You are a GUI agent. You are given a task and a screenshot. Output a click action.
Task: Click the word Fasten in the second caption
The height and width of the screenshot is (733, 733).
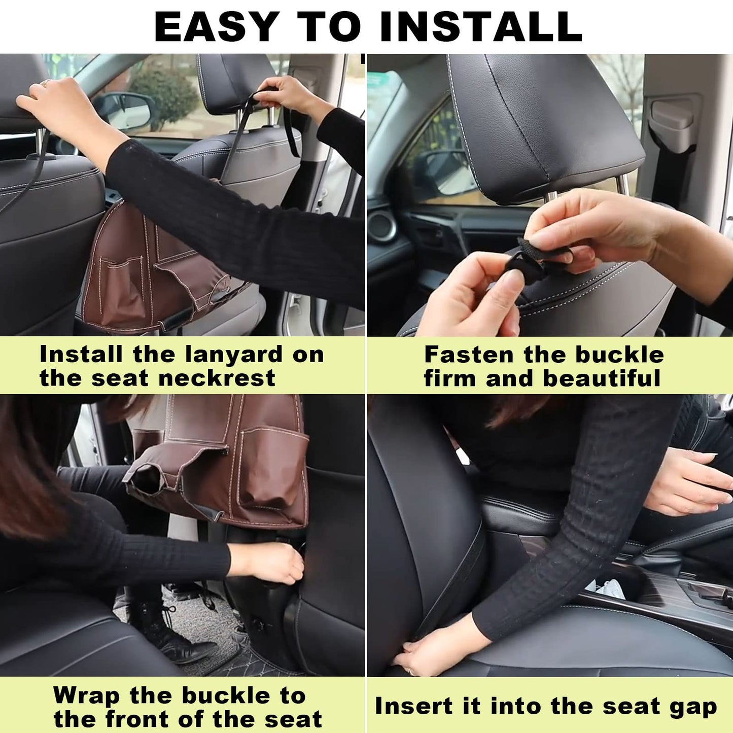[x=469, y=355]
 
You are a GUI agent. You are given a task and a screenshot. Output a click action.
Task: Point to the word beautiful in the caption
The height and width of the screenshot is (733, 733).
[x=602, y=378]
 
